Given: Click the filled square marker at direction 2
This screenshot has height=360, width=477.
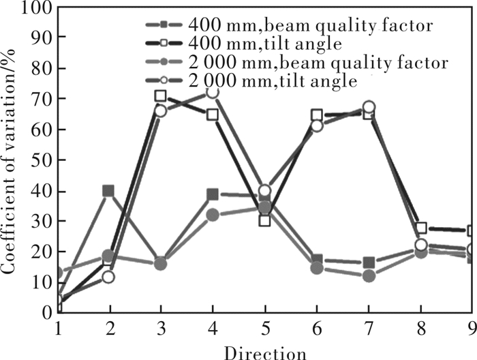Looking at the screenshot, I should tap(108, 191).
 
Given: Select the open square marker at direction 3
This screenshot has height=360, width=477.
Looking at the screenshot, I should tap(160, 96).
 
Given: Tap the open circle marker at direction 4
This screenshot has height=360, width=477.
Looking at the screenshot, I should tap(213, 91).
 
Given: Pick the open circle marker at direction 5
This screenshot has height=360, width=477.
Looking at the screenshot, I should tap(265, 190).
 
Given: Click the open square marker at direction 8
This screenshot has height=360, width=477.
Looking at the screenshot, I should tap(422, 228).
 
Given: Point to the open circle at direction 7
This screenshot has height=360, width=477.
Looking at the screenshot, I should tap(369, 106).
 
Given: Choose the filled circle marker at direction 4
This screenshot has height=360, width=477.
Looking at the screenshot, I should tap(213, 215).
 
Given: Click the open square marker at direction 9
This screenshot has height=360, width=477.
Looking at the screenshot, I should tap(472, 231).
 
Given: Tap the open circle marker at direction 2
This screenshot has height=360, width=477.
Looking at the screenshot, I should tap(108, 277).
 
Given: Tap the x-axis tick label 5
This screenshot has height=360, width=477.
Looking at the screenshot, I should tap(265, 328).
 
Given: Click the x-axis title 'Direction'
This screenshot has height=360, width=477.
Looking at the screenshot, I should tap(264, 351).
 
